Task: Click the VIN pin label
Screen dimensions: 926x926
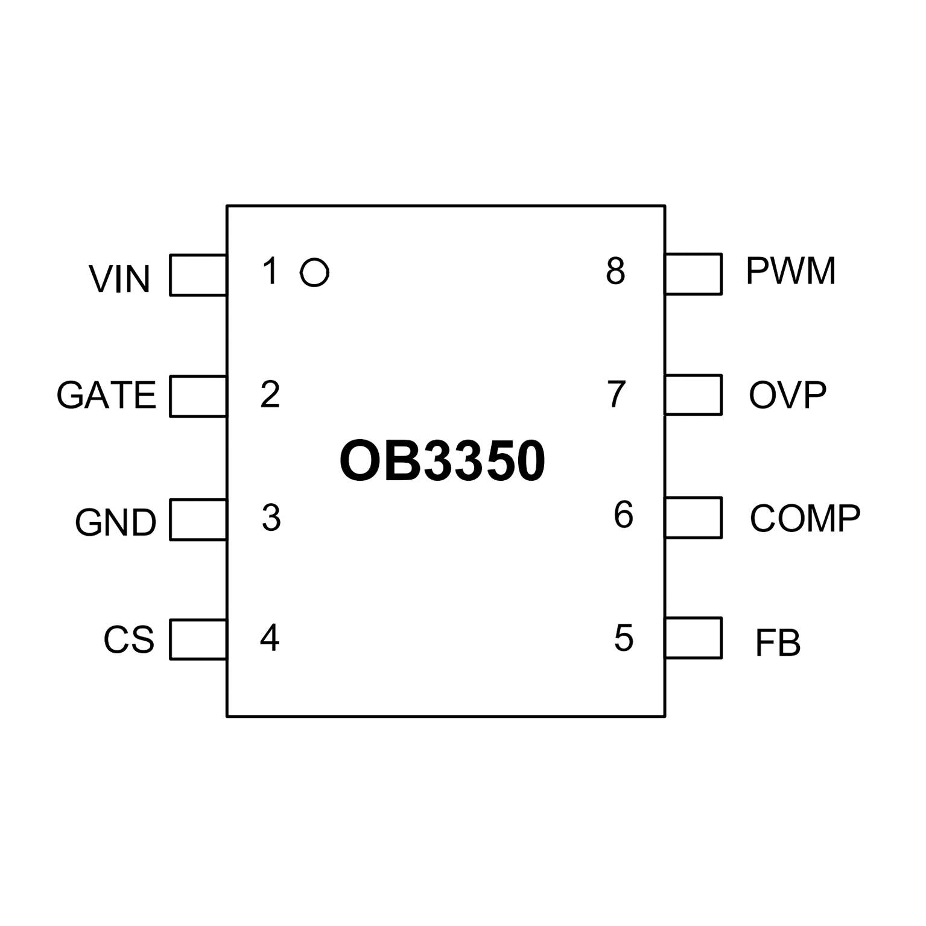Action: (119, 279)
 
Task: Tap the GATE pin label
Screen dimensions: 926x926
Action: (106, 396)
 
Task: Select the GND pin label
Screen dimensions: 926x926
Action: (115, 522)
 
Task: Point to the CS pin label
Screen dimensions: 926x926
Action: (128, 640)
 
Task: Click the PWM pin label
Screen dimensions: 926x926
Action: (791, 271)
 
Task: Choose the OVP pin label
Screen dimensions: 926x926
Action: (787, 395)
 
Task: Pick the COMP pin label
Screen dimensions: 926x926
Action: (805, 518)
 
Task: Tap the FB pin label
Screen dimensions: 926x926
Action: (778, 643)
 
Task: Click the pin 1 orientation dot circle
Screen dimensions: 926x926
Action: (314, 273)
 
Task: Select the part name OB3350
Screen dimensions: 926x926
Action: (442, 461)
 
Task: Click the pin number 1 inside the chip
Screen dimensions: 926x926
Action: (270, 271)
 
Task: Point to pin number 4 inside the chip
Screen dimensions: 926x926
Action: (270, 638)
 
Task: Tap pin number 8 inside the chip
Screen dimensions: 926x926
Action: (615, 271)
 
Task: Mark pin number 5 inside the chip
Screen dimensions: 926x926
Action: (624, 638)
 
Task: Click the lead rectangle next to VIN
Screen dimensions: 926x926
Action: (198, 275)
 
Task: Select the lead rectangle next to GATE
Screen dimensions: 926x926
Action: (198, 396)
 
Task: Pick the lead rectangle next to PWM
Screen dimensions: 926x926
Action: (693, 274)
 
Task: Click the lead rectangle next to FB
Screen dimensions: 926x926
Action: (693, 638)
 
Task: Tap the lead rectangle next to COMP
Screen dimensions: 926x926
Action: (693, 518)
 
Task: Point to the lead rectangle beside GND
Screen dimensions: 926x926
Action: (198, 519)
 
